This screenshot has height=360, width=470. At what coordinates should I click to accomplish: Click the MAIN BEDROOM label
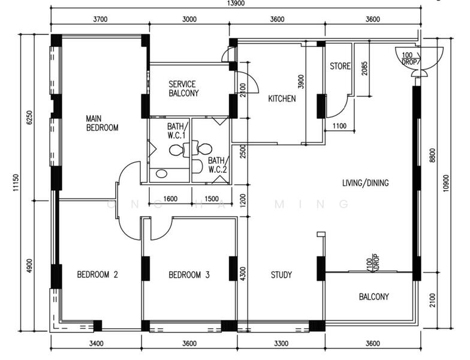(102, 123)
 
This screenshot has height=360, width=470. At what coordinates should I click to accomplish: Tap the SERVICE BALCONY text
(183, 89)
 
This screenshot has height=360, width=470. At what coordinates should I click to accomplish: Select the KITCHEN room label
(282, 98)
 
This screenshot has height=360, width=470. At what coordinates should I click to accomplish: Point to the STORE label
(341, 66)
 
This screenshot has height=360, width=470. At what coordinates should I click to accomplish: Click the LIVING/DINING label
(366, 182)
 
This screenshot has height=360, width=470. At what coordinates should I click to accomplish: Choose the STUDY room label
(281, 275)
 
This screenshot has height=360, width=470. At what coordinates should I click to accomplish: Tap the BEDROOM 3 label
(189, 275)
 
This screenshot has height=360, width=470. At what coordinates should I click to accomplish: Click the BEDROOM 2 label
(97, 275)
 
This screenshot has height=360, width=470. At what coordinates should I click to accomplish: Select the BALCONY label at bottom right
(374, 296)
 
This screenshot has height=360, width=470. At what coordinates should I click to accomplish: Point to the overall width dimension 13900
(236, 4)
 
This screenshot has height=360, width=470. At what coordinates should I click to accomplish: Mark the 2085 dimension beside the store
(364, 68)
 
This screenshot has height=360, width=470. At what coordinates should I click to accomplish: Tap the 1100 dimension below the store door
(339, 126)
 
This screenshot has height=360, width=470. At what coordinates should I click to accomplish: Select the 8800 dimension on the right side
(432, 155)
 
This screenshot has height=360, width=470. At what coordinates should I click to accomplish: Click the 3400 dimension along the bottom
(96, 343)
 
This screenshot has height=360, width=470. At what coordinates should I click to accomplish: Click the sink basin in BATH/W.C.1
(162, 174)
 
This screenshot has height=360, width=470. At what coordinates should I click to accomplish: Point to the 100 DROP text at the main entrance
(409, 59)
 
